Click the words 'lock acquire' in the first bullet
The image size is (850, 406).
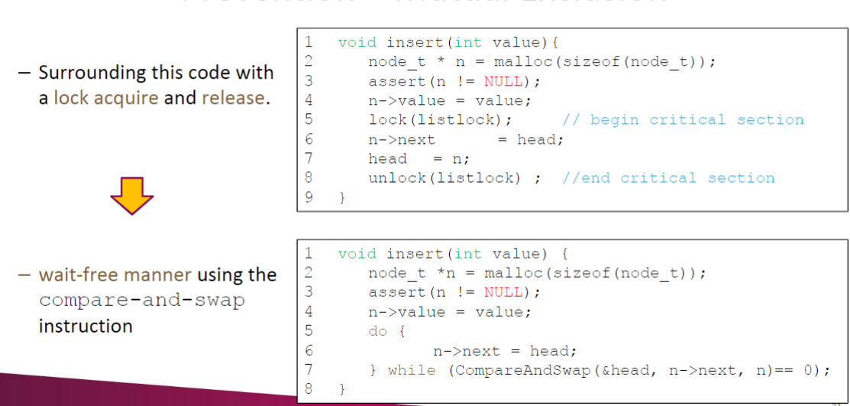click(x=105, y=98)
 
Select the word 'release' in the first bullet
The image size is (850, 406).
click(x=234, y=98)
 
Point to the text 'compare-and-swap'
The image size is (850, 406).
click(x=142, y=300)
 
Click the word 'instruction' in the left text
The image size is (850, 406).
click(x=86, y=326)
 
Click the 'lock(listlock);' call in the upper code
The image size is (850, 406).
click(x=440, y=119)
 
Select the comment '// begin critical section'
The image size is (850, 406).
click(x=683, y=119)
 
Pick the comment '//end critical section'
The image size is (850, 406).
click(x=668, y=178)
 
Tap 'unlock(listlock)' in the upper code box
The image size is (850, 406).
click(x=444, y=178)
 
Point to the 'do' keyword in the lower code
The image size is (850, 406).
click(x=378, y=331)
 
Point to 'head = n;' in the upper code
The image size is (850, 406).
click(x=419, y=158)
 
